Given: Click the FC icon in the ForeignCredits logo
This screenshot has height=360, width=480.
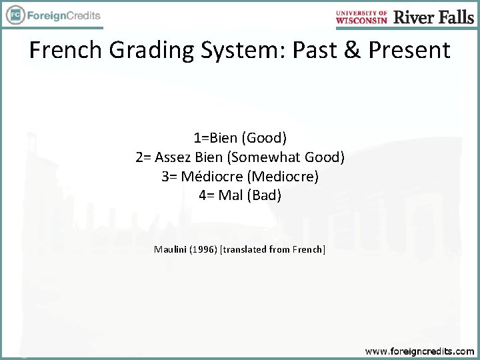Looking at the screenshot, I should point(14,15).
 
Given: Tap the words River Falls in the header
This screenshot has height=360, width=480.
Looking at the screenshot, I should point(433,17).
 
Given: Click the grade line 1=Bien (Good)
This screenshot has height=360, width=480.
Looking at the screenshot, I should point(240,138).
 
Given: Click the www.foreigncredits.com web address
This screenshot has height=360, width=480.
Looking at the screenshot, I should point(419,351).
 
